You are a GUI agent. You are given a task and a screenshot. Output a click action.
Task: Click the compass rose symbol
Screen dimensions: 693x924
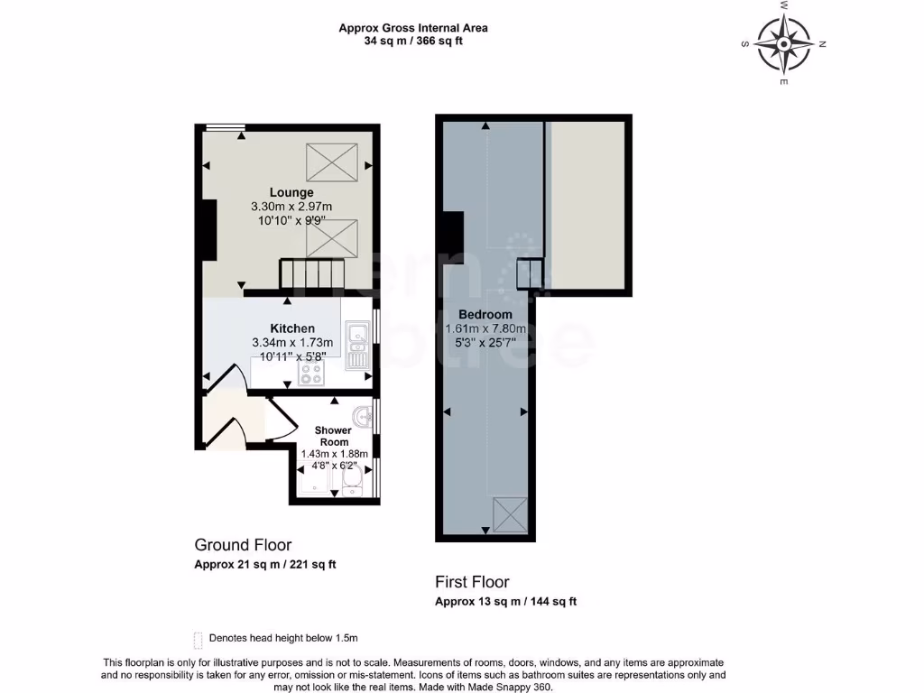point(783,43)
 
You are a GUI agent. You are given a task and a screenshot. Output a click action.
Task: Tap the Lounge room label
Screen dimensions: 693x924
point(291,192)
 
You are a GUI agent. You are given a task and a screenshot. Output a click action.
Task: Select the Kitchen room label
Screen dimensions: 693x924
point(292,328)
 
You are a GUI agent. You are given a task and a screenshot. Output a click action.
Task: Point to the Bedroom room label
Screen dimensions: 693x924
point(485,314)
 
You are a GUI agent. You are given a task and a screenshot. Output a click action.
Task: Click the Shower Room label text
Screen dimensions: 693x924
point(333,436)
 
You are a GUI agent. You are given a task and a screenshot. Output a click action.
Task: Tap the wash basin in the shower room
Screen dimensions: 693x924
point(362,418)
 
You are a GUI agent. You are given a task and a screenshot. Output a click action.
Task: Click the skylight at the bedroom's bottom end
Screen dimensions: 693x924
point(511,515)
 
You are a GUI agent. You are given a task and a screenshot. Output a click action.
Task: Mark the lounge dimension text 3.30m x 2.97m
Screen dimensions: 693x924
point(291,207)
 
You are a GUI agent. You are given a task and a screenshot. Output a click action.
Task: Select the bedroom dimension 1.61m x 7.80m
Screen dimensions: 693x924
point(485,328)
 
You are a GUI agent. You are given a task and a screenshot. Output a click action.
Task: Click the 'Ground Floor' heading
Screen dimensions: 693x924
point(243,545)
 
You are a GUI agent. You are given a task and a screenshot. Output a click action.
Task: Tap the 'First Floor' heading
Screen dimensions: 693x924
point(472,582)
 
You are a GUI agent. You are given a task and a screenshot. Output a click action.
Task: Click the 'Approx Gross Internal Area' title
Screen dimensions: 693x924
point(413,28)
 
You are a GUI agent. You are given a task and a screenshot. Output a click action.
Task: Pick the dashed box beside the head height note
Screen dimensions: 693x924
point(198,639)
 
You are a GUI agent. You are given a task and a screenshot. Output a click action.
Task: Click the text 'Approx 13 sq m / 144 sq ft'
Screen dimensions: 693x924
point(505,602)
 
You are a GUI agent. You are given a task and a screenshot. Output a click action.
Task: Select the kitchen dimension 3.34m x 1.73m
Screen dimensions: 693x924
point(292,343)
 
